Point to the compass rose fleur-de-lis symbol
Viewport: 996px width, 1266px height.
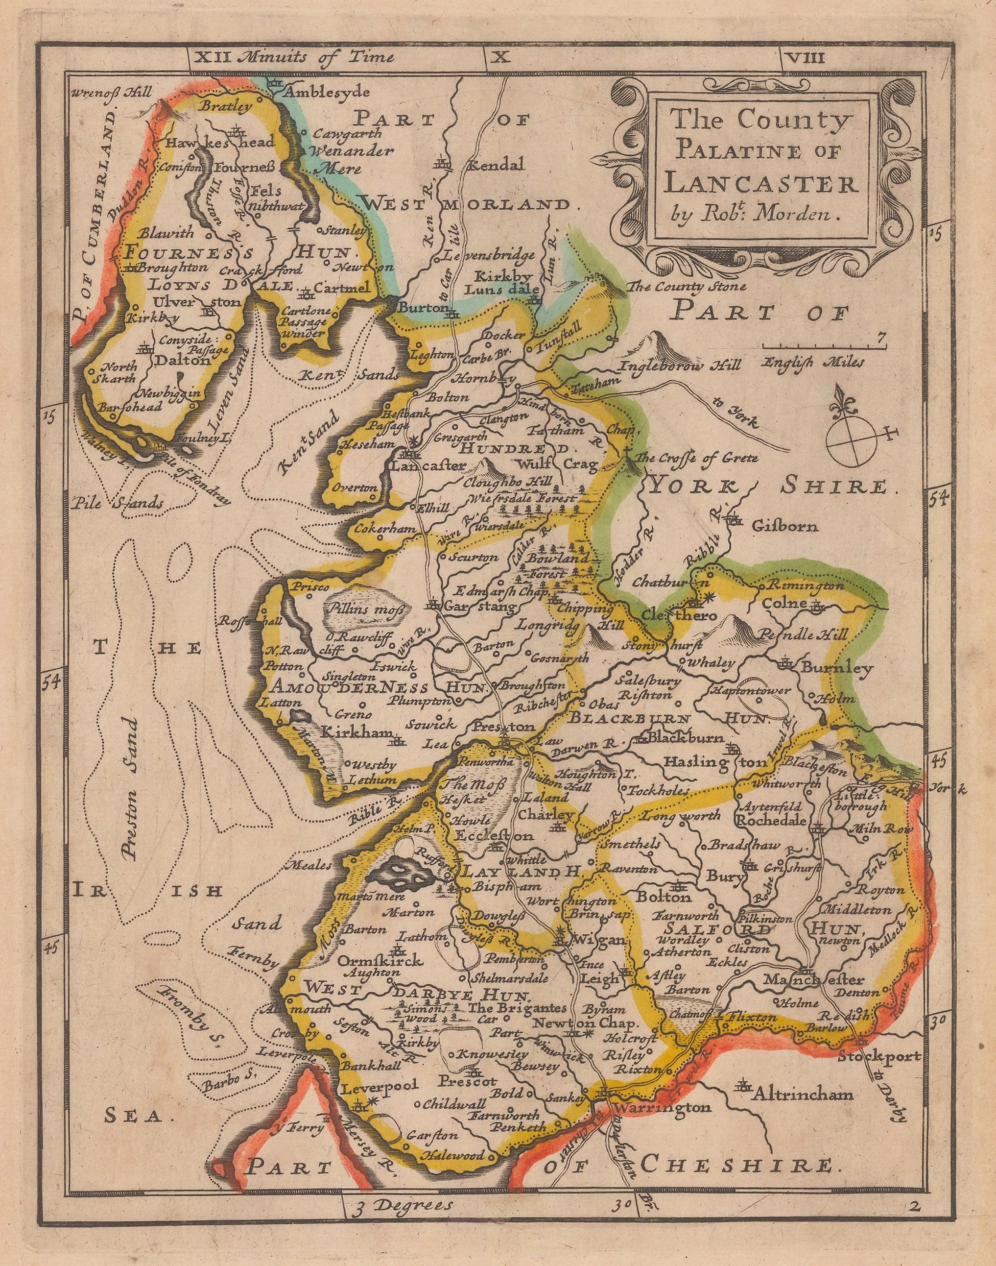click(x=844, y=403)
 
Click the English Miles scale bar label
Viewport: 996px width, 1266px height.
click(x=813, y=363)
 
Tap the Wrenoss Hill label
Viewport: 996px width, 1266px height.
click(x=111, y=92)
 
